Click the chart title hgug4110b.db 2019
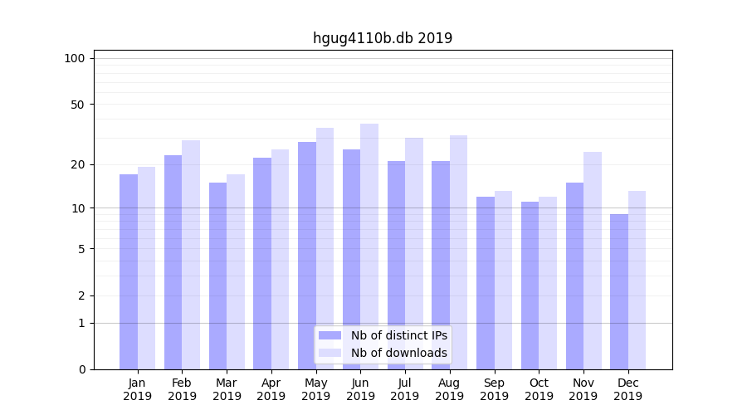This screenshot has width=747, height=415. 382,38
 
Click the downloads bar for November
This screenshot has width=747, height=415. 593,261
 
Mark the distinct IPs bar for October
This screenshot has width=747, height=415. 530,286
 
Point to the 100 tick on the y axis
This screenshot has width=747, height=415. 75,58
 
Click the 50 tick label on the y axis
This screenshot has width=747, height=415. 78,105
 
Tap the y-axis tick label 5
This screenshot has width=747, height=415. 81,249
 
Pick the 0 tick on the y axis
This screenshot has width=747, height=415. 81,369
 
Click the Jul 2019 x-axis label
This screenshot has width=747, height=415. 405,389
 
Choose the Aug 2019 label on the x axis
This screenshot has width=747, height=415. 450,389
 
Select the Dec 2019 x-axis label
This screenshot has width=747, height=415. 627,389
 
